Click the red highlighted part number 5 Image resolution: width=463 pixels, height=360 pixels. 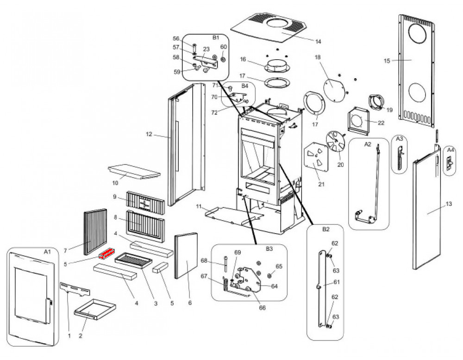click(106, 253)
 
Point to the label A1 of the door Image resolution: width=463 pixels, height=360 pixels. click(47, 252)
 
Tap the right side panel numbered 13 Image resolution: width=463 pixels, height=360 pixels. click(428, 213)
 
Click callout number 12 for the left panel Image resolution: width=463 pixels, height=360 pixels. click(149, 135)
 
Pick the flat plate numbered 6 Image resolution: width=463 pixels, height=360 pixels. click(186, 255)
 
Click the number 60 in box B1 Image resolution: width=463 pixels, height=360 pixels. click(224, 47)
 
